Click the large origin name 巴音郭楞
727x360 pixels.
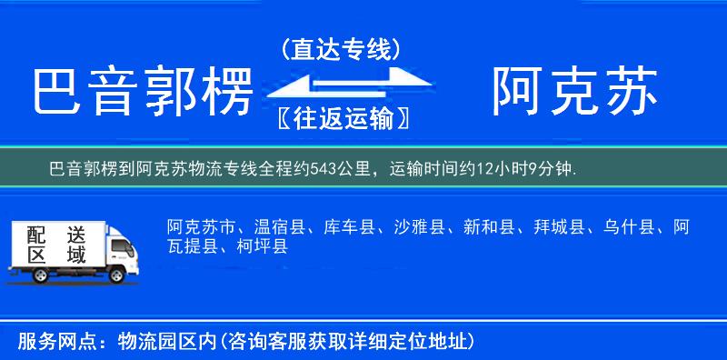pos(142,92)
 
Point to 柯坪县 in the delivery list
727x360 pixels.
pos(263,246)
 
